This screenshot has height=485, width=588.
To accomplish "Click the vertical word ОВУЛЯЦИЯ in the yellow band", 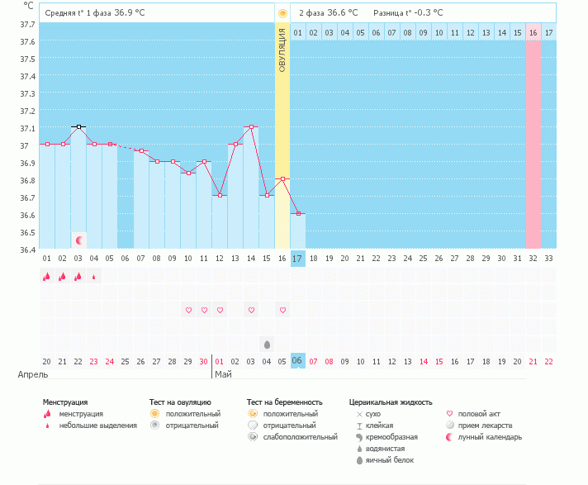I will (282, 50).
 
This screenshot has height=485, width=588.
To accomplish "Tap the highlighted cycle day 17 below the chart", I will (298, 259).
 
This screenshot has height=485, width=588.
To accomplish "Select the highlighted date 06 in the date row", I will (298, 361).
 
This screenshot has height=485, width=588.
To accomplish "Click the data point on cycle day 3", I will (78, 126).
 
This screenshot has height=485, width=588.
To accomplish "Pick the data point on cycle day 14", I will (251, 127).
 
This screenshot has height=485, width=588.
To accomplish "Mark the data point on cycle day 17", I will (298, 213).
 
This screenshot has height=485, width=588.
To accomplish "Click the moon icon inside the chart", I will (79, 240).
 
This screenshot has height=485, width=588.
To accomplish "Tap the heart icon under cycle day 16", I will (282, 310).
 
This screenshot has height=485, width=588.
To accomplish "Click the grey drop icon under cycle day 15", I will (267, 344).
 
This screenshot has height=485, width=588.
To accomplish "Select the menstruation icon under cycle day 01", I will (47, 277).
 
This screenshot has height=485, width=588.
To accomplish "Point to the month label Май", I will (223, 374).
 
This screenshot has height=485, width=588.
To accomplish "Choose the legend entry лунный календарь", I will (493, 437).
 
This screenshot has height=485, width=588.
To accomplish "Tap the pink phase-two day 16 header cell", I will (533, 32).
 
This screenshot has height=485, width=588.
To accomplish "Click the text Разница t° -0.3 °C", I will (408, 13).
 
